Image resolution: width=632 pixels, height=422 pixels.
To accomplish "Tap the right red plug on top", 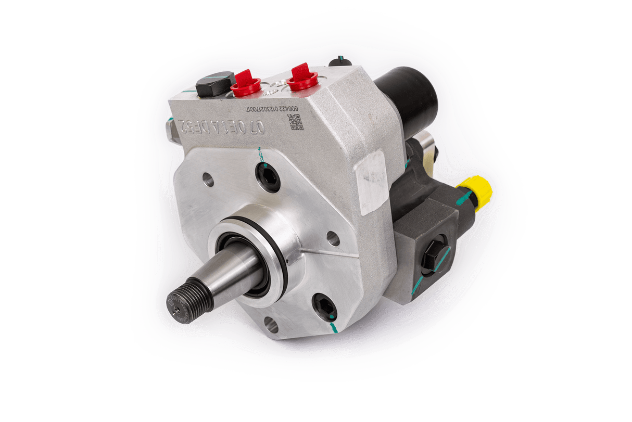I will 302,77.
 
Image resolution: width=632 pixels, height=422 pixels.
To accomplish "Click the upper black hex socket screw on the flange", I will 268,177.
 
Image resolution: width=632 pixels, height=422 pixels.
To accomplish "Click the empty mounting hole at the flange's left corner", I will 208,181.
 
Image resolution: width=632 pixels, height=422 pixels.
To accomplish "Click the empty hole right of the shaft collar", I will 333,238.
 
